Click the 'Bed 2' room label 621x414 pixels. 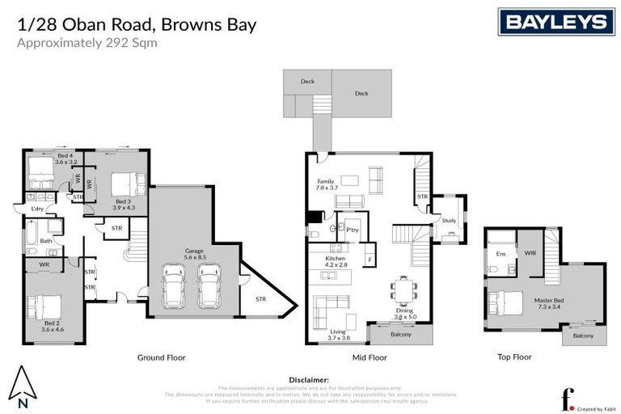[52, 326]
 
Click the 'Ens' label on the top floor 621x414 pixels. [501, 254]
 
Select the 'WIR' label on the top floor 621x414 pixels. [530, 254]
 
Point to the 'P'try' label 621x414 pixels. [352, 229]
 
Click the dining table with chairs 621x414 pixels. [403, 289]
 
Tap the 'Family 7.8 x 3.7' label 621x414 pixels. [325, 184]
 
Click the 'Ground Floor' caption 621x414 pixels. [162, 357]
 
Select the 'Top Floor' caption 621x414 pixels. [514, 356]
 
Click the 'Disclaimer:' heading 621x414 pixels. [309, 379]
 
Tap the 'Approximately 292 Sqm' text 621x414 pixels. [87, 43]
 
